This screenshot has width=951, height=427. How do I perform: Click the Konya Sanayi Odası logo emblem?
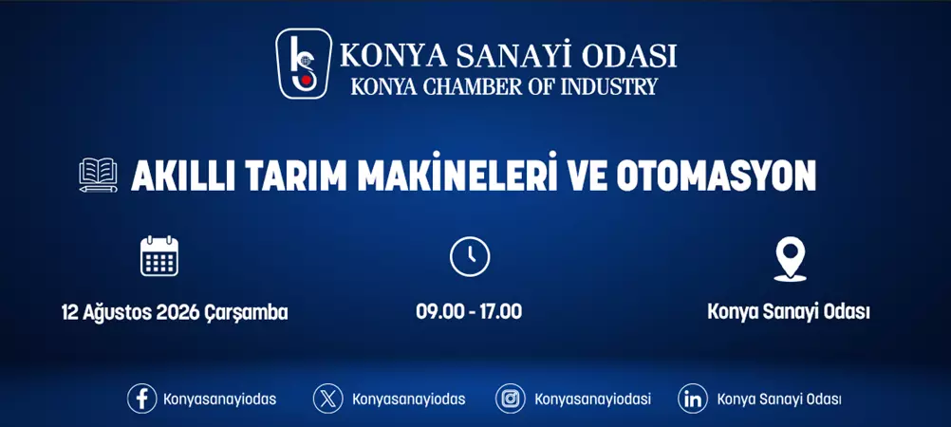[x=304, y=64]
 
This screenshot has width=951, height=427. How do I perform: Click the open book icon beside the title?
[x=99, y=176]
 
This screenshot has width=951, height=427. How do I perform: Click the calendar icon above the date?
[x=159, y=256]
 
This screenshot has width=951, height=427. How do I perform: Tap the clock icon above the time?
[x=469, y=256]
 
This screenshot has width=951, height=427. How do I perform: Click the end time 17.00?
[x=501, y=311]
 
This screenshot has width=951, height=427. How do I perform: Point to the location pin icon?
[x=790, y=258]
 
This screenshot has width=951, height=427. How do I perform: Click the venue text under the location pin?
[x=789, y=311]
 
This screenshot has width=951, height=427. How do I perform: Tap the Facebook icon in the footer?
[x=141, y=399]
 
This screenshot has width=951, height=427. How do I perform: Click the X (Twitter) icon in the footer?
[x=328, y=399]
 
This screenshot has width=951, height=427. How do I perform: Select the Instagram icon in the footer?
[x=511, y=399]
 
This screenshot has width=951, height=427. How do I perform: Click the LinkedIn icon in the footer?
[x=693, y=399]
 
